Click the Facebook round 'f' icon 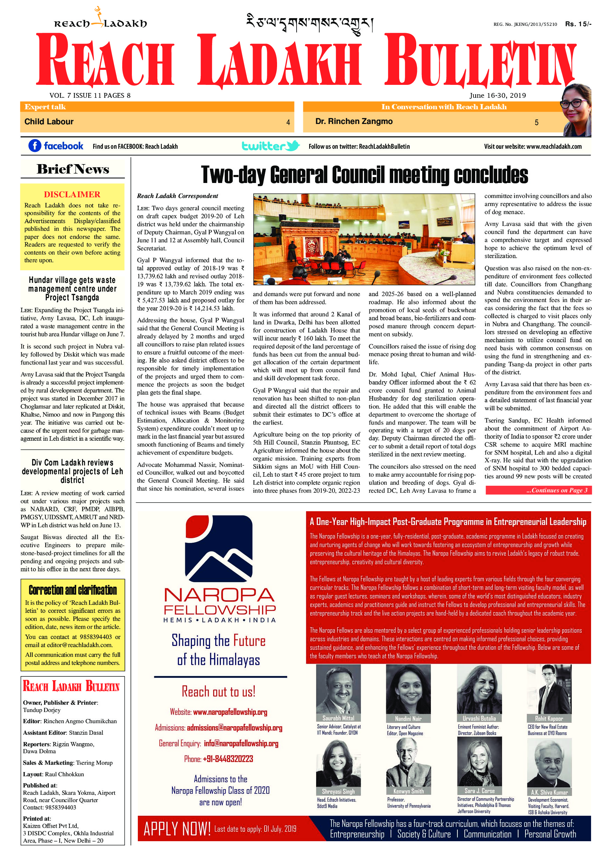point(35,146)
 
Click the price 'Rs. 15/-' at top point(578,24)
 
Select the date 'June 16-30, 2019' point(498,95)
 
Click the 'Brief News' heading point(73,169)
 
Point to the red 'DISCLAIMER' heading point(72,195)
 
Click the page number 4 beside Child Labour point(288,122)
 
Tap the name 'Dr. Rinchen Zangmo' point(354,122)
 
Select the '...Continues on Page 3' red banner point(538,490)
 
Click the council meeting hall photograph point(364,239)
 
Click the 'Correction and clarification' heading point(73,590)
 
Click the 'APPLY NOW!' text point(177,829)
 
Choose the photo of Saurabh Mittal point(338,689)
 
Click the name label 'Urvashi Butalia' point(479,719)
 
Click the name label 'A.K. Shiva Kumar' point(549,792)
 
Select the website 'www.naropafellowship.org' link point(230,712)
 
